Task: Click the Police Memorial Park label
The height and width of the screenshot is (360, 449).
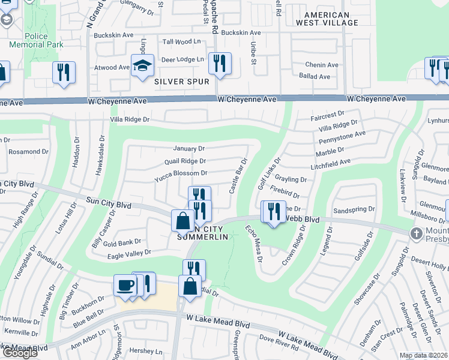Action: [28, 40]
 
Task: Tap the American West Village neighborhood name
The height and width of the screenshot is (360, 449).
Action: [327, 19]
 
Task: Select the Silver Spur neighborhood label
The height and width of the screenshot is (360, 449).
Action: [182, 81]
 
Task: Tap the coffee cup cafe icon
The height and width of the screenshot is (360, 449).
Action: [125, 285]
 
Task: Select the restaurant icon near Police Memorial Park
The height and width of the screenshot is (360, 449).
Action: [63, 72]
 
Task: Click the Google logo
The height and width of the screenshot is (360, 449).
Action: [19, 353]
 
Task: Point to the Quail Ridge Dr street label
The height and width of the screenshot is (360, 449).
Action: [185, 161]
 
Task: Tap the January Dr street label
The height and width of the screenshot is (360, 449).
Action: [188, 148]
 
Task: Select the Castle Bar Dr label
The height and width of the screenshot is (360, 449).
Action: [238, 176]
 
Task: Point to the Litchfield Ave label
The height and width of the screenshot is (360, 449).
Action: [330, 163]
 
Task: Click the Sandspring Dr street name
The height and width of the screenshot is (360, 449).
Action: [354, 210]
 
